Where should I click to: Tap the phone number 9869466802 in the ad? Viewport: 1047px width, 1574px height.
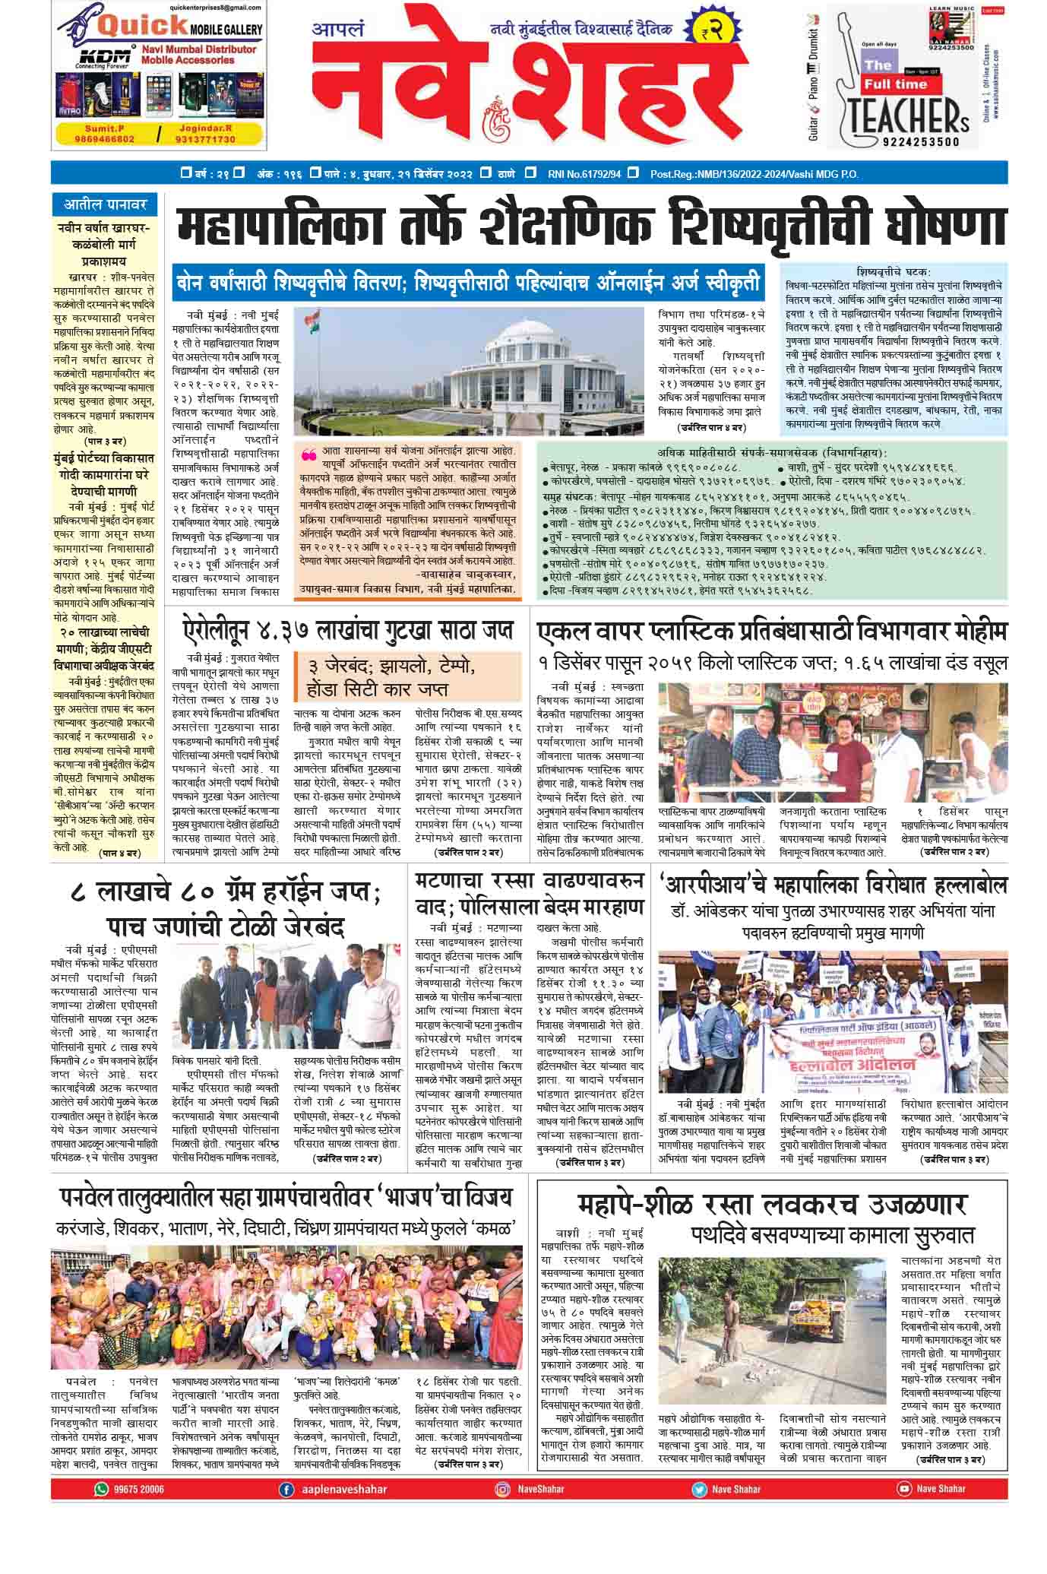point(105,139)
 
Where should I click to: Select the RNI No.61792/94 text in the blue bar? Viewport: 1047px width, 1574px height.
point(584,174)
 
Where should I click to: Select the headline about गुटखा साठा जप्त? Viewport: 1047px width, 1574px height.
point(348,630)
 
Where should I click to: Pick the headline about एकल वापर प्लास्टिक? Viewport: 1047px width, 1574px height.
point(772,632)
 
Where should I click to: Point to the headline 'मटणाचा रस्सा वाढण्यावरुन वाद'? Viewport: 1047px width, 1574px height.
point(529,894)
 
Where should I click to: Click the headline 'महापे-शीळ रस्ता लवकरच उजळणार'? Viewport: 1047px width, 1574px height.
point(771,1205)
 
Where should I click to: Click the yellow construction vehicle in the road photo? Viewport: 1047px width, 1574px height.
point(818,1306)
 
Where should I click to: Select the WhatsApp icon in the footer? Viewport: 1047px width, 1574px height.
point(100,1489)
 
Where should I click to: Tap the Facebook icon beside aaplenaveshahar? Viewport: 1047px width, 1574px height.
point(286,1489)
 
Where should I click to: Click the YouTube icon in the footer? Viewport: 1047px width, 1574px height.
point(904,1489)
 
